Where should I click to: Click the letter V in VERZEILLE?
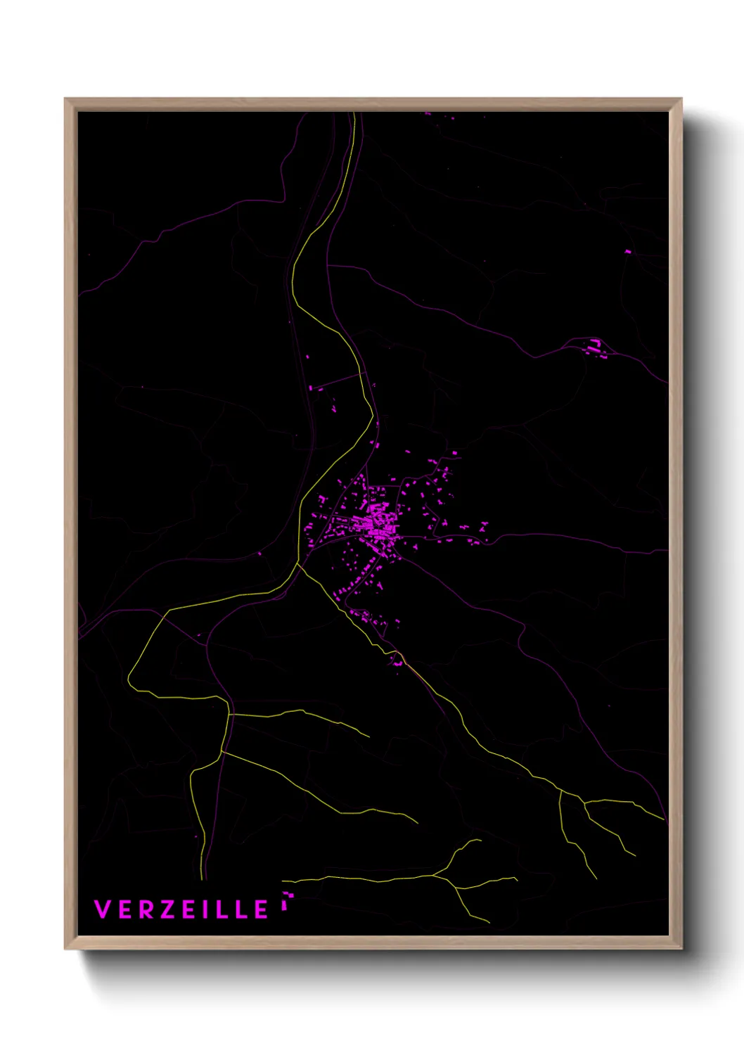[x=103, y=909]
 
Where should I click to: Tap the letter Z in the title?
[x=168, y=909]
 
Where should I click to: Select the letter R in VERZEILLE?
[x=146, y=909]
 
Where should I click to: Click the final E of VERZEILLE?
[x=261, y=909]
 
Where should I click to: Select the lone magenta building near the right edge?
[x=628, y=251]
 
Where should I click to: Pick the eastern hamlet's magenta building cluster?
[x=595, y=346]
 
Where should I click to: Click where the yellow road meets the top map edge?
[x=354, y=113]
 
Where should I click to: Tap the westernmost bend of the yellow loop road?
[x=129, y=679]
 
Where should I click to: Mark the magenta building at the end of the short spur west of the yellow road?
[x=312, y=388]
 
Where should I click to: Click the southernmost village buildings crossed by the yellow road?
[x=398, y=661]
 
